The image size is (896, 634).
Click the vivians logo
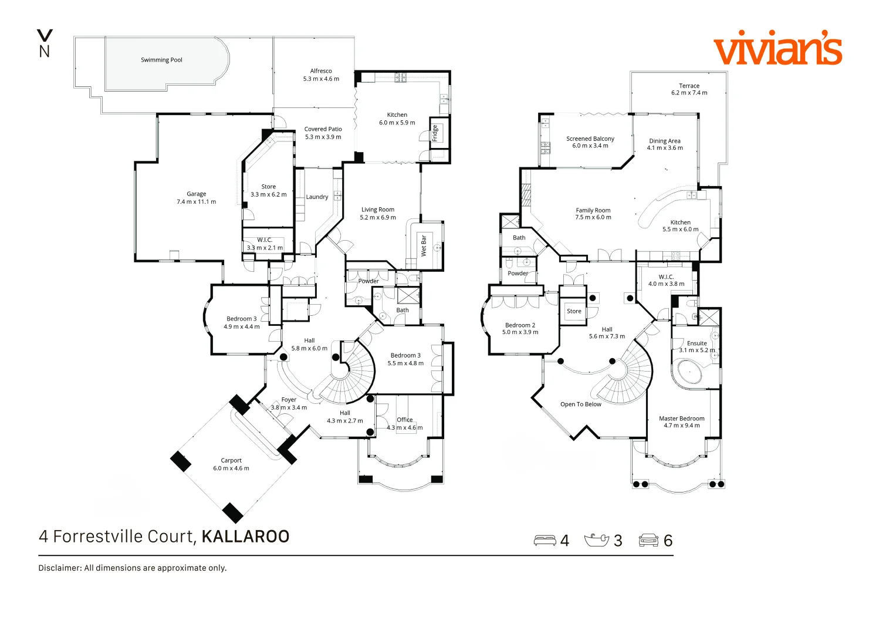(777, 48)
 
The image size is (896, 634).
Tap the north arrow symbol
(45, 43)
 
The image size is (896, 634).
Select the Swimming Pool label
(161, 60)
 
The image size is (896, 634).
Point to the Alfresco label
(321, 71)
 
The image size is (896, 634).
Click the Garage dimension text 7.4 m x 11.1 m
(196, 202)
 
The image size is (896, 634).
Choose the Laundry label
(317, 197)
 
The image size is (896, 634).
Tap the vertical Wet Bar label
(424, 245)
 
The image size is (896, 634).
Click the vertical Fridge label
(435, 133)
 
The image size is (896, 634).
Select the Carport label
(231, 461)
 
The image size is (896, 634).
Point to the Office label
(405, 420)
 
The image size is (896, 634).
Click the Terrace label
(689, 86)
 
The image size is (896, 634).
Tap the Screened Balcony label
(590, 139)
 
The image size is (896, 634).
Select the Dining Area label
(665, 141)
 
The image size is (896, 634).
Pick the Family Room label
(593, 210)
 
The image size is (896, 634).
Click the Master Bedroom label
(681, 419)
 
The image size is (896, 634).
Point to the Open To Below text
(580, 404)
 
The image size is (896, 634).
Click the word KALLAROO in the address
(245, 537)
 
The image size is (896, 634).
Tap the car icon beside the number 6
(648, 540)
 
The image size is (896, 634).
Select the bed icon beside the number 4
(545, 540)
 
